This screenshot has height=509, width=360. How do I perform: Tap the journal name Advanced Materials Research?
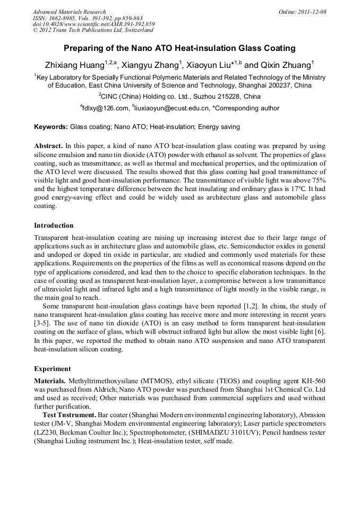point(69,12)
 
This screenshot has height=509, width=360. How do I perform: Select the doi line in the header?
point(93,24)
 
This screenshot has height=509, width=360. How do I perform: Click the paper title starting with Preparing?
point(179,48)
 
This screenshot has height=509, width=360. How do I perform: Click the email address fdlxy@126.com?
point(106,109)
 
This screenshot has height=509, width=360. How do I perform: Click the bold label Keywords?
point(51,127)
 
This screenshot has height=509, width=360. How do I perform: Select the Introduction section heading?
point(54,225)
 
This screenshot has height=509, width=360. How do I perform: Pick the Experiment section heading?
point(52,368)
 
